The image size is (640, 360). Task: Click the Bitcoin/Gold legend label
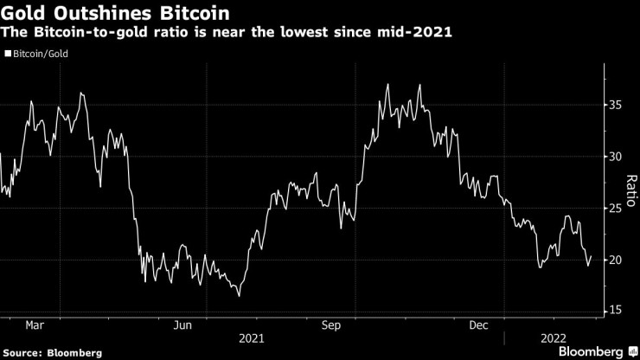pyautogui.click(x=40, y=54)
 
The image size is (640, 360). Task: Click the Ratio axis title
pyautogui.click(x=631, y=183)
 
